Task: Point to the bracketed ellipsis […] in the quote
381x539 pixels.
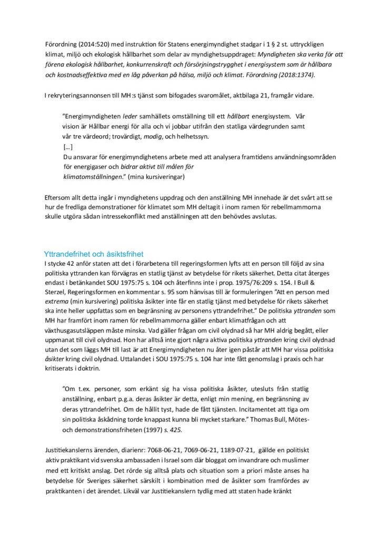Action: coord(67,146)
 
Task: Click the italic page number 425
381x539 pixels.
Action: coord(176,429)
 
